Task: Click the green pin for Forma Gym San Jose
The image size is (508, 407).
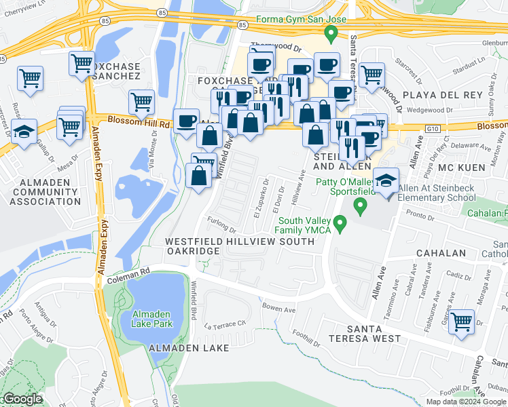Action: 331,33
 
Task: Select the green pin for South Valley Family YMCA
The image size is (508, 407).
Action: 342,222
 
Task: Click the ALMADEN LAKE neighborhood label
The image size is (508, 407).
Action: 188,347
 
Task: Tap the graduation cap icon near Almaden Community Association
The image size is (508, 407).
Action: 24,132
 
